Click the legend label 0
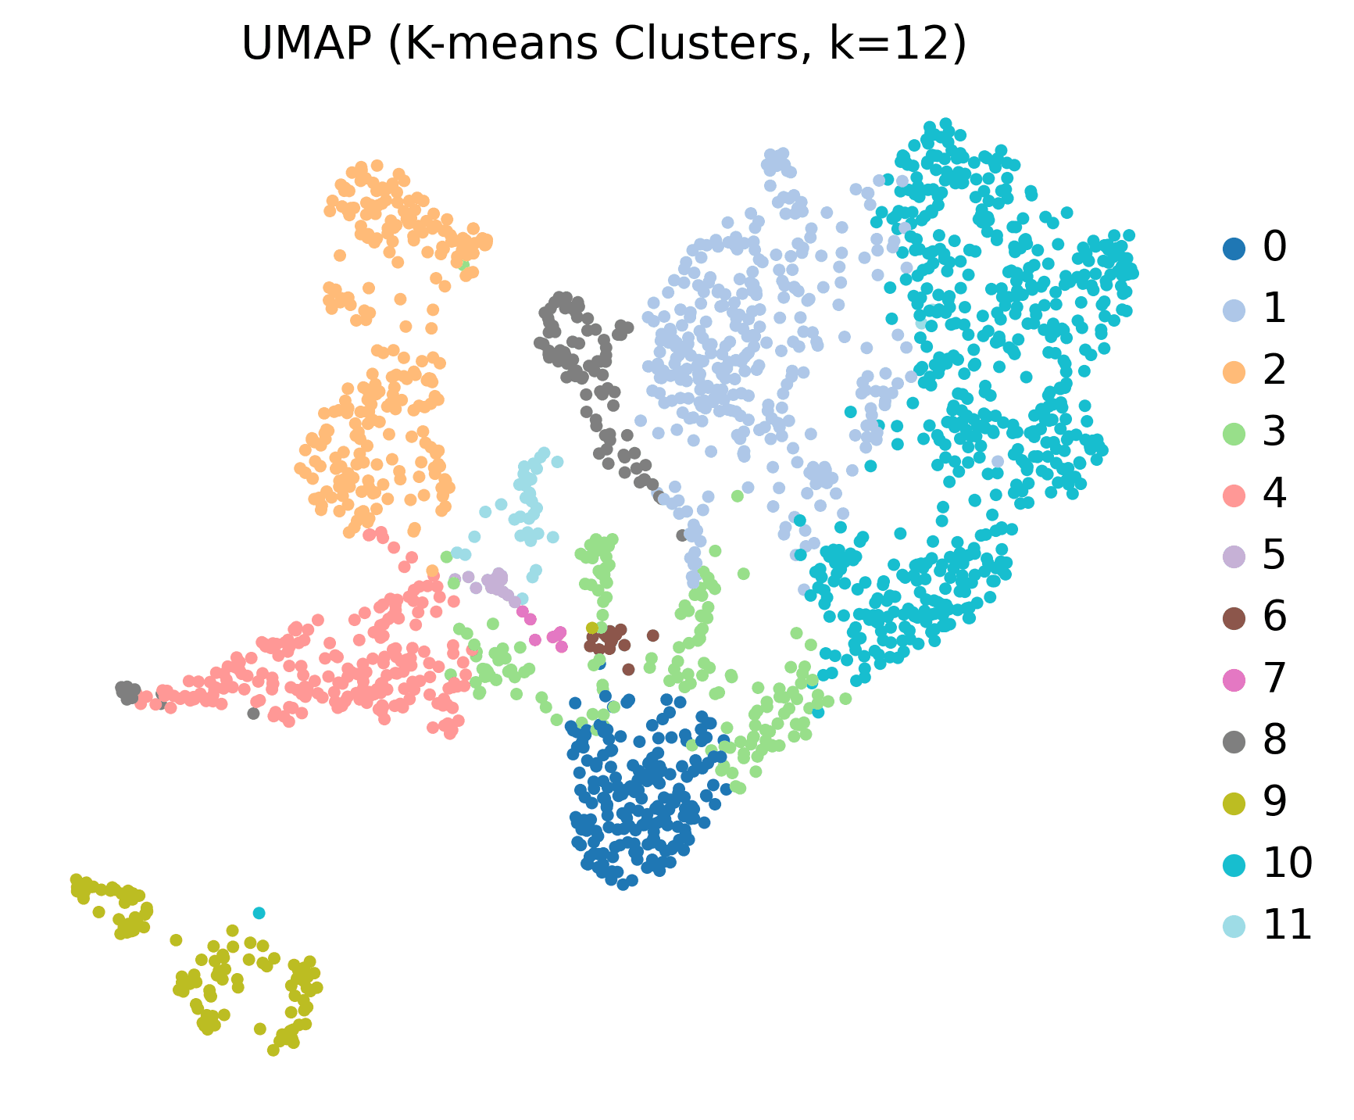pyautogui.click(x=1274, y=247)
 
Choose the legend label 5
pyautogui.click(x=1274, y=556)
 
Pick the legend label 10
pyautogui.click(x=1287, y=864)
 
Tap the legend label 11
pyautogui.click(x=1287, y=926)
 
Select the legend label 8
pyautogui.click(x=1274, y=741)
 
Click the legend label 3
pyautogui.click(x=1274, y=432)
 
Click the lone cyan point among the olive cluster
pyautogui.click(x=259, y=913)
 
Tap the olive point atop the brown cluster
pyautogui.click(x=591, y=628)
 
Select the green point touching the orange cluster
pyautogui.click(x=466, y=266)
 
